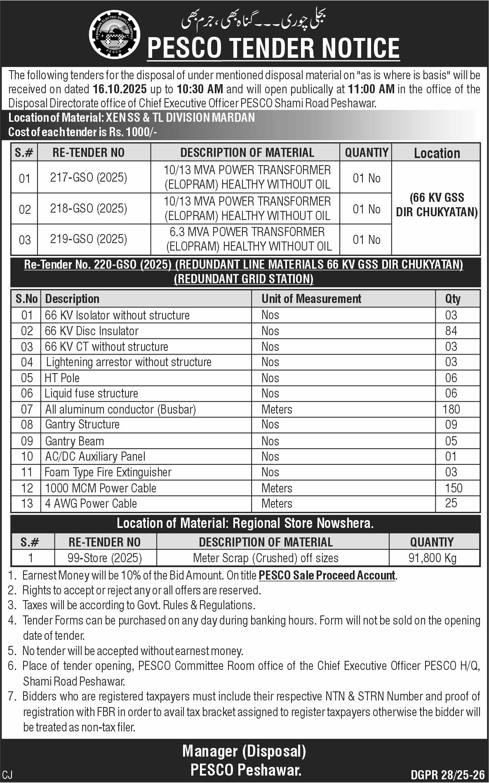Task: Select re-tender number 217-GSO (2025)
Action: click(89, 177)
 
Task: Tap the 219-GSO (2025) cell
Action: click(89, 239)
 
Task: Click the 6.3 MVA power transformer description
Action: click(247, 239)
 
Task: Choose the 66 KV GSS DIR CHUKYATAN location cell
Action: click(436, 205)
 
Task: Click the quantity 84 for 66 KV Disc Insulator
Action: click(451, 331)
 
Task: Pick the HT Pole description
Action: click(62, 378)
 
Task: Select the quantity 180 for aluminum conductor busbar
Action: click(451, 409)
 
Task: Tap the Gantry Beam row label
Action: click(74, 441)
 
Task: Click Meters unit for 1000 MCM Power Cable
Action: click(277, 488)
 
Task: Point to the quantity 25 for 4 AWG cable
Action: click(451, 503)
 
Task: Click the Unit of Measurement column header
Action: click(311, 299)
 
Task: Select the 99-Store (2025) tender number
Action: click(105, 558)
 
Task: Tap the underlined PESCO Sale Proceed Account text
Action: click(327, 575)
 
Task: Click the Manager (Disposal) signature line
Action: click(244, 751)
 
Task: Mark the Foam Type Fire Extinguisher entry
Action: click(108, 472)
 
